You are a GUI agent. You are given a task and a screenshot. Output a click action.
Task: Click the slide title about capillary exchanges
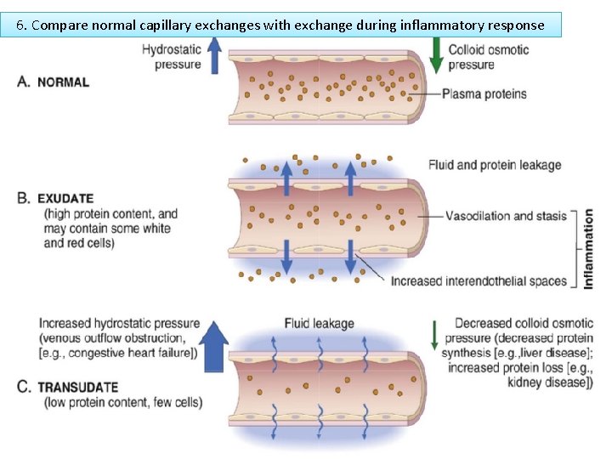click(280, 25)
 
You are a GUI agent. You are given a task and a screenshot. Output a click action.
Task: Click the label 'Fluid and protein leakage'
click(495, 165)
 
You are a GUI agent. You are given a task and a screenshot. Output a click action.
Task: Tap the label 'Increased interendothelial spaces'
click(479, 281)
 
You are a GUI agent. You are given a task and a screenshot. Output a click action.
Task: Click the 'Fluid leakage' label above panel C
click(319, 324)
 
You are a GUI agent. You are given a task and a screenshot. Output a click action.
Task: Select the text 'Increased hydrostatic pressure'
click(119, 324)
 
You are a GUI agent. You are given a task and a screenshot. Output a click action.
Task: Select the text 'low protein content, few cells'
click(123, 402)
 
